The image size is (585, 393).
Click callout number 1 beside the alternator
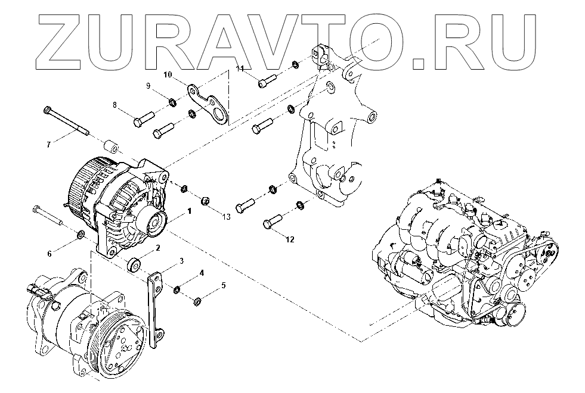189,211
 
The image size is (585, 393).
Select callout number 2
157,248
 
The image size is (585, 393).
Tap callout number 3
181,260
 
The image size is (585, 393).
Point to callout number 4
202,273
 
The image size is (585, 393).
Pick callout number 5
223,285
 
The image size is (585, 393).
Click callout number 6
50,253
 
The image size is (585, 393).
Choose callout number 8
115,105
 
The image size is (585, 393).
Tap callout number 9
148,86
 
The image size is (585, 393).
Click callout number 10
168,74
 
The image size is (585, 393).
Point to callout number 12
290,240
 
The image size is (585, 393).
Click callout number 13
225,216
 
